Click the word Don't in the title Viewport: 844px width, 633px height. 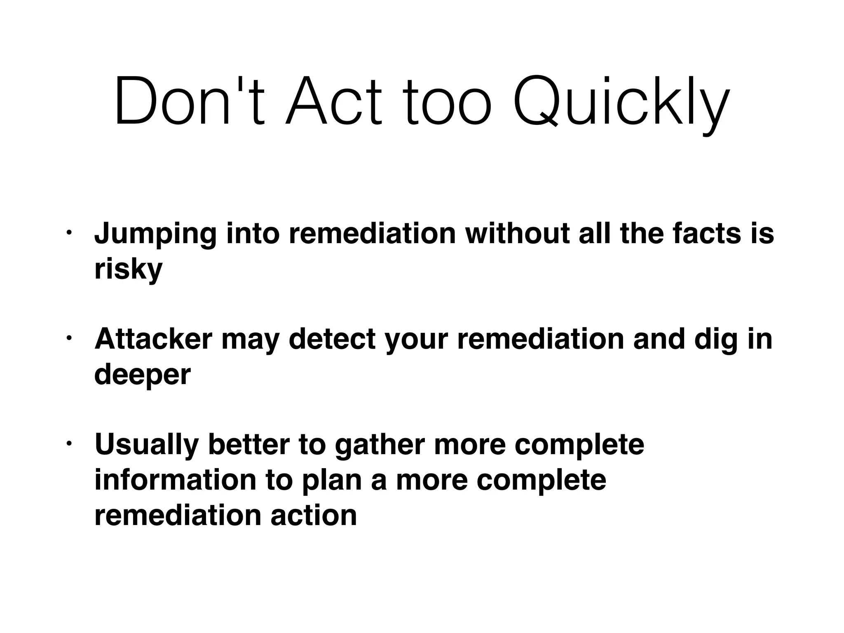189,101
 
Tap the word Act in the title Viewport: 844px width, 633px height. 333,101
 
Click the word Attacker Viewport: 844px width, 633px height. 153,339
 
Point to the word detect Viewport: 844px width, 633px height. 332,339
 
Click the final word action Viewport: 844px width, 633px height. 314,516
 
